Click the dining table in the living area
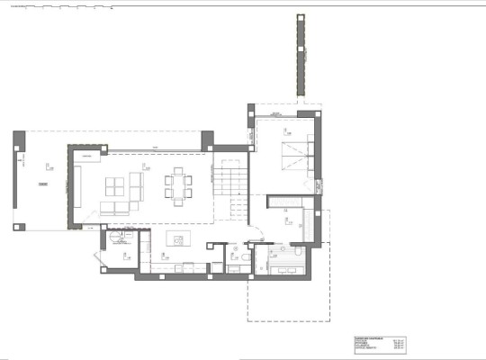(177, 187)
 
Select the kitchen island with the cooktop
(177, 238)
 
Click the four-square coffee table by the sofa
(115, 187)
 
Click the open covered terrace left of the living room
(40, 180)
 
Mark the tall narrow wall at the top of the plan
(298, 58)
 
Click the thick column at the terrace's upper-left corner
(19, 139)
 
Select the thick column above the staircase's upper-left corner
(208, 139)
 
